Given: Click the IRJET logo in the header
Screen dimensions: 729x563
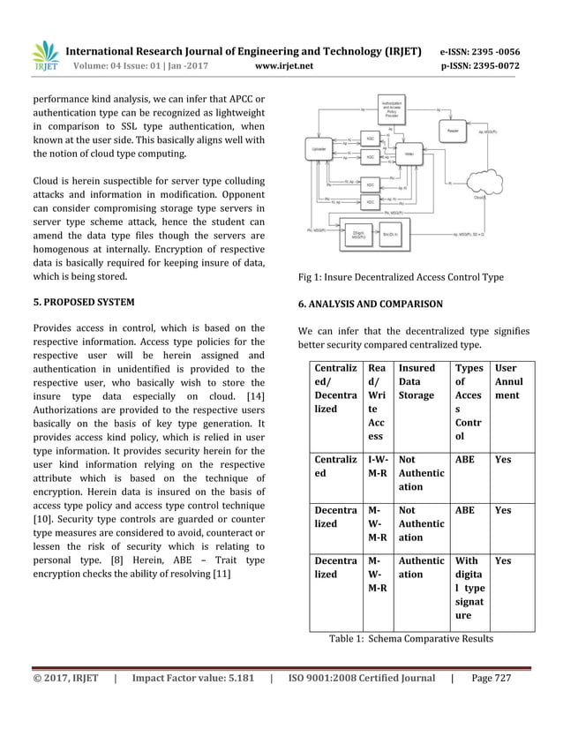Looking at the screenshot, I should coord(45,56).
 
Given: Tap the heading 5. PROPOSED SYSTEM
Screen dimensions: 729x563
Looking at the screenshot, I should coord(84,303).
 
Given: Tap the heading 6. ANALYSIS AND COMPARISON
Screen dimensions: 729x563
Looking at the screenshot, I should coord(371,304).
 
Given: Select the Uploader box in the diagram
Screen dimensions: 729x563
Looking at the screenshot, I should coord(319,150).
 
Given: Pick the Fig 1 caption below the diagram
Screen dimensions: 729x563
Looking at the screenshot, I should coord(401,277).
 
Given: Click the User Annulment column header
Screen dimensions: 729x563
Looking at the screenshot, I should coord(509,380).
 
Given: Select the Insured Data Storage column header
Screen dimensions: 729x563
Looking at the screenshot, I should coord(419,380).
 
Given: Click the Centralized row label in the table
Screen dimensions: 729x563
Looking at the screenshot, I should coord(334,466).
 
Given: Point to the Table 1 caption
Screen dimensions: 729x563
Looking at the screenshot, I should coord(410,638).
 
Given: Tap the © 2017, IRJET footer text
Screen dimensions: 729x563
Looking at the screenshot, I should coord(65,679).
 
